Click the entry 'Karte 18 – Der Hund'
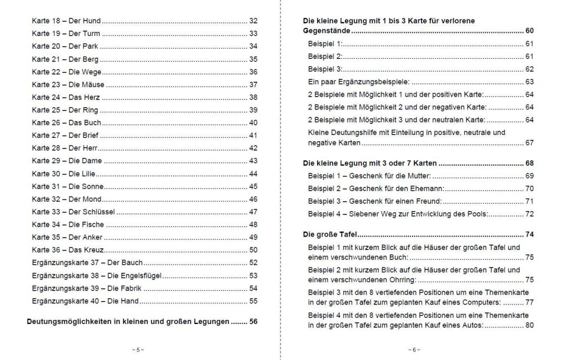coord(66,21)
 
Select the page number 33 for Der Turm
coord(253,33)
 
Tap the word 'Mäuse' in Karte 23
coord(93,84)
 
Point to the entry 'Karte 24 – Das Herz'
coord(66,97)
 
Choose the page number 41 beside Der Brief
coord(253,135)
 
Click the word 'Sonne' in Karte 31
coord(93,186)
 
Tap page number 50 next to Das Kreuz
coord(253,250)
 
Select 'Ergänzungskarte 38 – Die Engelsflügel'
coord(97,276)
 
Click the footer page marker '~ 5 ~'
coord(138,350)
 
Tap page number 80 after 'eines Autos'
coord(529,325)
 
